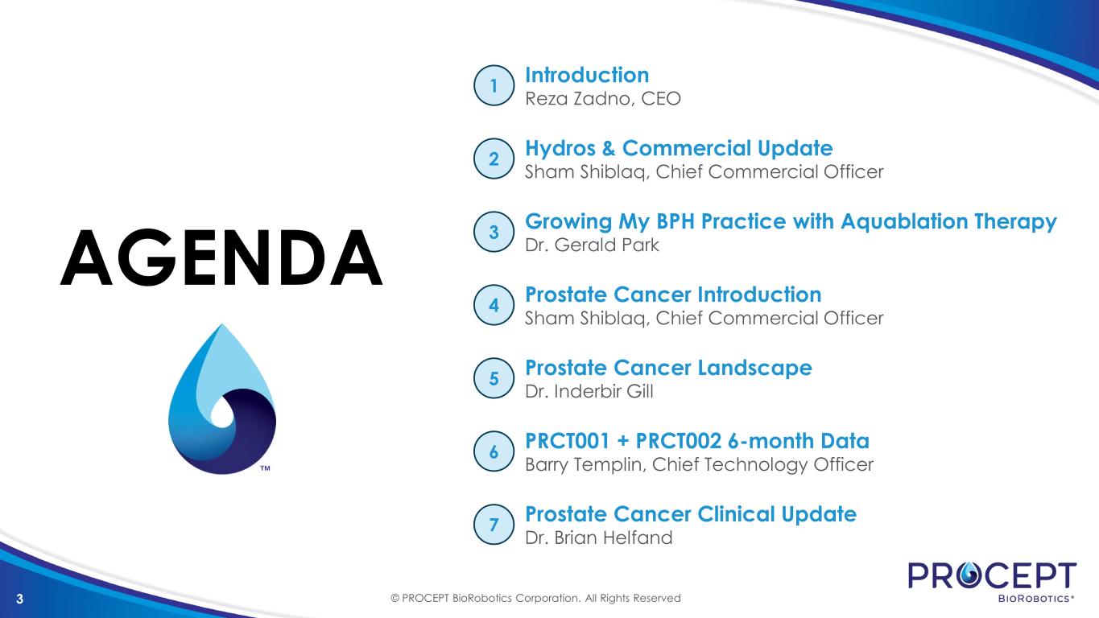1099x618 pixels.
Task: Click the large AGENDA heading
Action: pyautogui.click(x=221, y=257)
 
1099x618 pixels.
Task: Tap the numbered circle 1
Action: pyautogui.click(x=494, y=85)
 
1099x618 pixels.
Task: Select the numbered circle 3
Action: pyautogui.click(x=494, y=232)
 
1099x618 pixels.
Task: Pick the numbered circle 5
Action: pyautogui.click(x=494, y=378)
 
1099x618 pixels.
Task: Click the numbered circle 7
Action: pyautogui.click(x=494, y=525)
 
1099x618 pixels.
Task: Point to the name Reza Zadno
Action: pyautogui.click(x=578, y=99)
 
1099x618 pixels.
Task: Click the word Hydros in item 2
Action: pyautogui.click(x=560, y=149)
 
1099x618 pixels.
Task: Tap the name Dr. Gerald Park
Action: pyautogui.click(x=592, y=245)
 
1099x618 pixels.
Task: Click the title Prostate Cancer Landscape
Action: pyautogui.click(x=668, y=368)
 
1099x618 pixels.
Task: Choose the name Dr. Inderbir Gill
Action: pyautogui.click(x=589, y=391)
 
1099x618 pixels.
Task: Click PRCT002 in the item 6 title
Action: pyautogui.click(x=679, y=441)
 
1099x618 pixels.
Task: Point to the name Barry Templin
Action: pyautogui.click(x=585, y=464)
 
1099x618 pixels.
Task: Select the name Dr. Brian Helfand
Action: pyautogui.click(x=598, y=538)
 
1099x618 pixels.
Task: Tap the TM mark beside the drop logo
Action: pyautogui.click(x=265, y=468)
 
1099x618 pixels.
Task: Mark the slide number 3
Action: pyautogui.click(x=19, y=599)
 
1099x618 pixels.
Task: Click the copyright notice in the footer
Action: pyautogui.click(x=535, y=599)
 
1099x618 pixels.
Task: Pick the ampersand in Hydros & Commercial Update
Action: pyautogui.click(x=609, y=149)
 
